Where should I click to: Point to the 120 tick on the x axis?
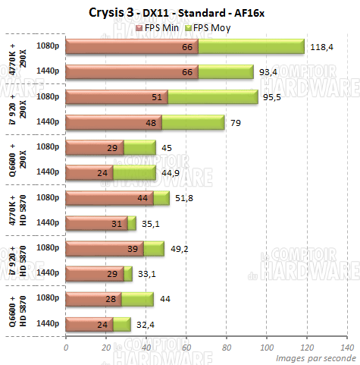coord(306,347)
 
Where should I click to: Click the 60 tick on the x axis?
coord(186,347)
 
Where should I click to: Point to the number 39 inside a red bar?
coord(135,248)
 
